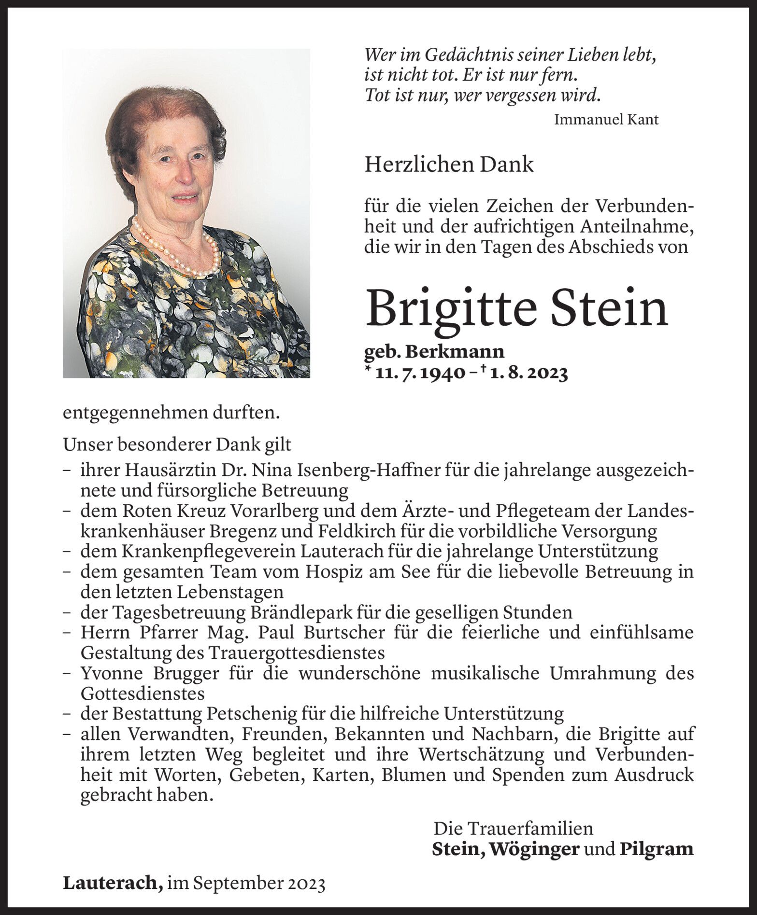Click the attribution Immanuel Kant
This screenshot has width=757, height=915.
[606, 120]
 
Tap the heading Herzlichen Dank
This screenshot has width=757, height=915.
[449, 165]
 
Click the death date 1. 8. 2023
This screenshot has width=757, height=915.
[528, 374]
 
